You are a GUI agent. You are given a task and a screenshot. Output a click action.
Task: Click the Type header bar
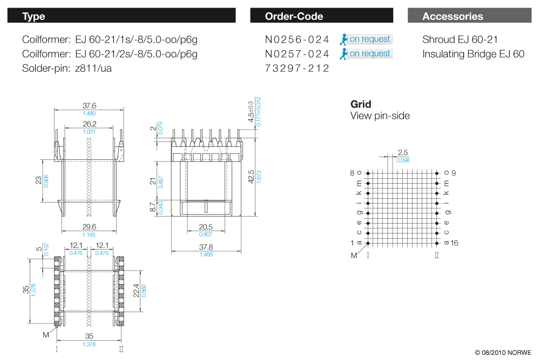coord(122,16)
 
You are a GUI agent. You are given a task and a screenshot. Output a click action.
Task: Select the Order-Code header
coord(321,16)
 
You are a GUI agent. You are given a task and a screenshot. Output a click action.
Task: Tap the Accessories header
coord(469,16)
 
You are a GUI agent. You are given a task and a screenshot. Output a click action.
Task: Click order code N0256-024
coord(297,39)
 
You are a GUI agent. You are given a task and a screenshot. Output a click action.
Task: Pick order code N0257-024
coord(297,54)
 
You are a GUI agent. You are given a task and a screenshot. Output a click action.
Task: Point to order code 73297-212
coord(297,69)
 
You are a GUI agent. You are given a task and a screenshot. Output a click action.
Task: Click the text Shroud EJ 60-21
coord(460,39)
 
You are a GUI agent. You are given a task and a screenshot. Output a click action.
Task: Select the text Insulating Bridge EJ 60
coord(473,54)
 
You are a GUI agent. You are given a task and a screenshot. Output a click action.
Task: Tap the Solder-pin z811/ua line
coord(67,69)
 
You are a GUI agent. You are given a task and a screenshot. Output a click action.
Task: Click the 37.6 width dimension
coord(89,106)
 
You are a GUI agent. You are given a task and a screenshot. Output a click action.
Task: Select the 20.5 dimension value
coord(206,227)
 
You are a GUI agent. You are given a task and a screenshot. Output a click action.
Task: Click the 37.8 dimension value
coord(206,247)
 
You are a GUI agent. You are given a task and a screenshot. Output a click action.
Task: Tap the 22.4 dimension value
coord(136,291)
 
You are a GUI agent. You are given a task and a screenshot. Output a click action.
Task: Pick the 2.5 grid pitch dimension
coord(402,153)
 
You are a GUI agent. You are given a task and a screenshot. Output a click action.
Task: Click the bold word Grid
coord(361,104)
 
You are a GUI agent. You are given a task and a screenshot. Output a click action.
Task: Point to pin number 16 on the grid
coord(454,243)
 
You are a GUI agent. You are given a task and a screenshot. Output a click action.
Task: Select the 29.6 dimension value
coord(89,227)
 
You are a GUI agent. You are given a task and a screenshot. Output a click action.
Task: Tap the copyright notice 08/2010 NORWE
coord(503,353)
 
